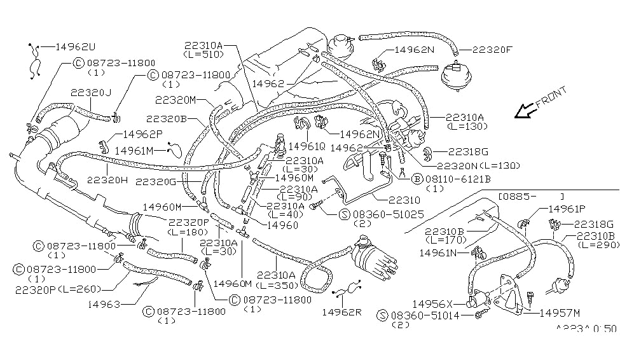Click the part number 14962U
[76, 46]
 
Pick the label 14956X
[433, 303]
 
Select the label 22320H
[107, 180]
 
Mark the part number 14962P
[142, 134]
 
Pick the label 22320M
[175, 100]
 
